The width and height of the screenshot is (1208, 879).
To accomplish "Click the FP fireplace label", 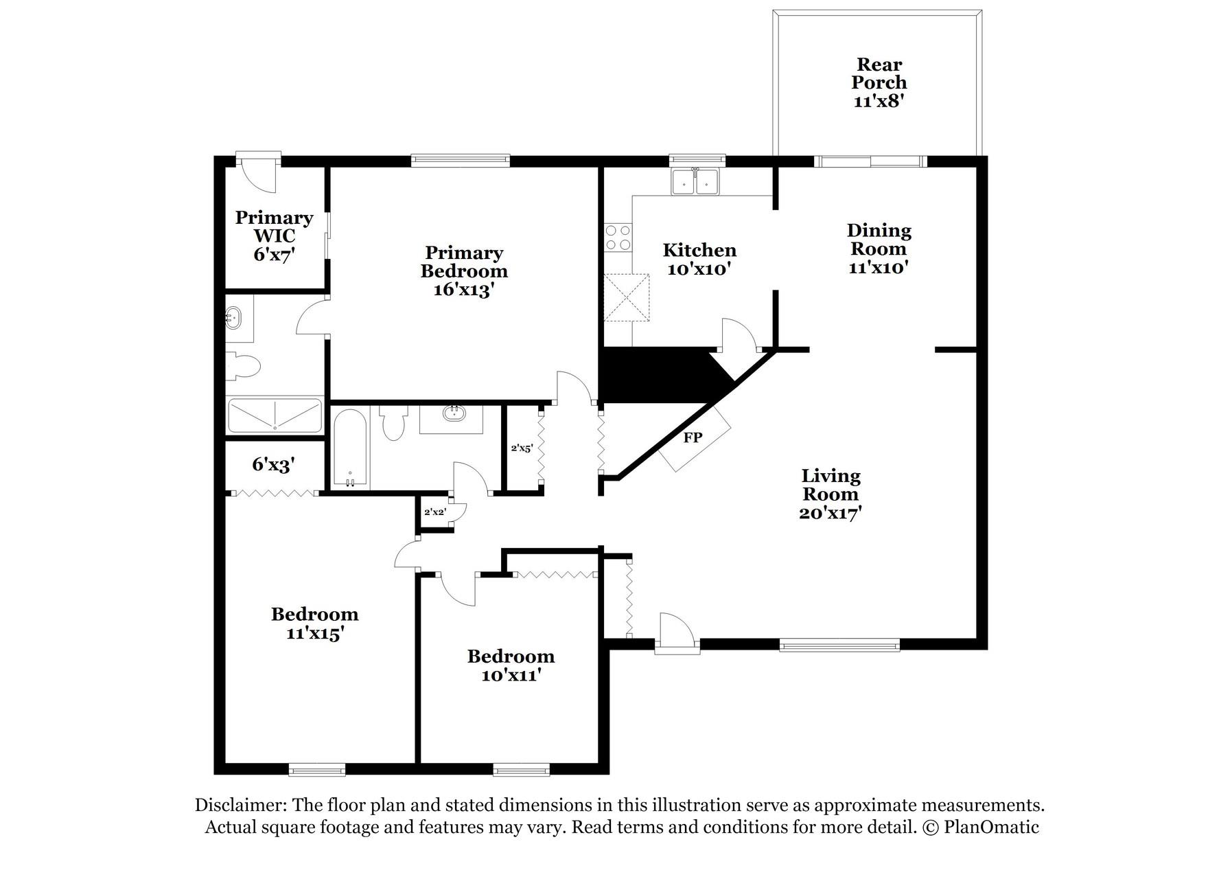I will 693,437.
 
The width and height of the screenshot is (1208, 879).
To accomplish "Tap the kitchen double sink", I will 695,182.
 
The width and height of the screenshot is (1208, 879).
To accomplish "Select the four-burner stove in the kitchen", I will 618,238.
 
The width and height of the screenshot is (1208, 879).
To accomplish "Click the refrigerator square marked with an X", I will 626,297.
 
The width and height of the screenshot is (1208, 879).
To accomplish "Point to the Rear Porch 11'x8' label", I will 879,82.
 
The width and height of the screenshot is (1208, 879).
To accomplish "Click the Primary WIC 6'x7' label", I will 274,236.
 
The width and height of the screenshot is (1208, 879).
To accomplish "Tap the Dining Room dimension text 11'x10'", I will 879,267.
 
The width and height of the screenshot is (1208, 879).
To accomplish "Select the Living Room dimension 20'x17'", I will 830,513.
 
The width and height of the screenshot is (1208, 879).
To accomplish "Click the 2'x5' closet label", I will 522,448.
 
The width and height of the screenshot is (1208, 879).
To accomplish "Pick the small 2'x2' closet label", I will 435,512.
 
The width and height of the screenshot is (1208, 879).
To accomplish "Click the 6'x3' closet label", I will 273,465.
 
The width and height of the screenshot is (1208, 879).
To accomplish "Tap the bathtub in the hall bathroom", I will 350,448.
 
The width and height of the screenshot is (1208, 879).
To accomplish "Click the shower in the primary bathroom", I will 275,415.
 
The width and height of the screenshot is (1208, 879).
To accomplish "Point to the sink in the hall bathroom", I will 452,414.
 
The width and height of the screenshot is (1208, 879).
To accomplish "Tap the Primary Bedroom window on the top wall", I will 460,161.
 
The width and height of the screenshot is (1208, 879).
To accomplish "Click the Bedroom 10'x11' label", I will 511,665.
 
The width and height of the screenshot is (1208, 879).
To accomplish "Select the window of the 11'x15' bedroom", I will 316,770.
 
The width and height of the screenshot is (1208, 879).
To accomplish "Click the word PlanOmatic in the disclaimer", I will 991,827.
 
